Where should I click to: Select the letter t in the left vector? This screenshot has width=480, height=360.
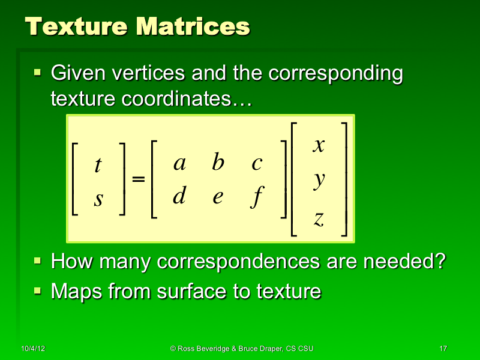click(x=98, y=166)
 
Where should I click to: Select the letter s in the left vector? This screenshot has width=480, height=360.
click(x=98, y=199)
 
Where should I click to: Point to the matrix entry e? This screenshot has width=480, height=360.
click(x=218, y=197)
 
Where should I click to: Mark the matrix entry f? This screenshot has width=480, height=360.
click(x=257, y=197)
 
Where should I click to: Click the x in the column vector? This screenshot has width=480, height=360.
click(x=319, y=145)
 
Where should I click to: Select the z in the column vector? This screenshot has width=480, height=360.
click(x=319, y=220)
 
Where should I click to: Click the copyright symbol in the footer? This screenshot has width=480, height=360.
click(x=173, y=349)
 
